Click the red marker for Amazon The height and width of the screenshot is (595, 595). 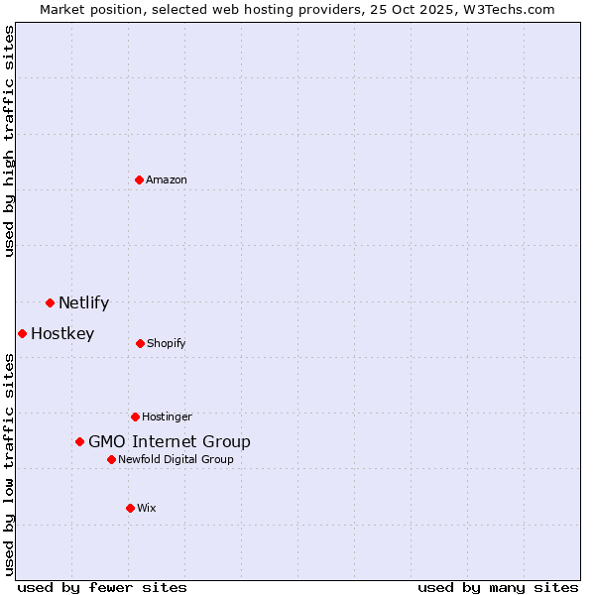[139, 179]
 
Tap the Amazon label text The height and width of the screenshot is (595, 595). [167, 180]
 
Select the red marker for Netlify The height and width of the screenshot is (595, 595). [50, 302]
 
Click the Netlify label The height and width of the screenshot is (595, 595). [83, 303]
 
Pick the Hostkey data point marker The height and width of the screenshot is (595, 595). [22, 333]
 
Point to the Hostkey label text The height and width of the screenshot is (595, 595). [62, 334]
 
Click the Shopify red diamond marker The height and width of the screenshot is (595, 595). [140, 343]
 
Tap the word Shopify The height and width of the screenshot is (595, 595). [167, 344]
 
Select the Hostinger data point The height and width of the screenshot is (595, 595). [135, 416]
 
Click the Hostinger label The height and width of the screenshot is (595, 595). [167, 417]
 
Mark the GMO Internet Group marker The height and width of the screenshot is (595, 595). [79, 441]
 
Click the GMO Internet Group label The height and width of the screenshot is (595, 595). [170, 442]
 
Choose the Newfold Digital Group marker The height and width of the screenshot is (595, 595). [111, 459]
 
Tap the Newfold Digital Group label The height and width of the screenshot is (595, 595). [177, 460]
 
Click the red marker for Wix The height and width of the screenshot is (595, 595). [130, 508]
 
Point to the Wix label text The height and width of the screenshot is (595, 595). [147, 509]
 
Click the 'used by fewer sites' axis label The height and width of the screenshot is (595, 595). [102, 587]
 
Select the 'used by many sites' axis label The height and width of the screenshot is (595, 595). [498, 587]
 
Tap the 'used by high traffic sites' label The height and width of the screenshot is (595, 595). [9, 141]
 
